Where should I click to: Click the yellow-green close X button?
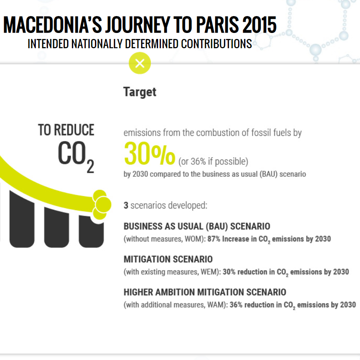click(x=140, y=63)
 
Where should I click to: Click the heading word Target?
click(x=140, y=92)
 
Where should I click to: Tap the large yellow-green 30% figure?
click(x=150, y=153)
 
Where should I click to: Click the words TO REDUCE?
click(x=66, y=130)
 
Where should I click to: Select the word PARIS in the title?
click(x=218, y=25)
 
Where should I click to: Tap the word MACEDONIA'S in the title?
click(x=53, y=25)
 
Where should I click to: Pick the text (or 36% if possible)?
click(x=213, y=162)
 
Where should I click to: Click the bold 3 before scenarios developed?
click(x=126, y=205)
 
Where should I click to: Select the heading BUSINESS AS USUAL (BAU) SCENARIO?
click(x=197, y=226)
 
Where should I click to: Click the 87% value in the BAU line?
click(x=214, y=239)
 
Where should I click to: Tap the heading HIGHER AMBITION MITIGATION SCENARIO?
click(x=205, y=292)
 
